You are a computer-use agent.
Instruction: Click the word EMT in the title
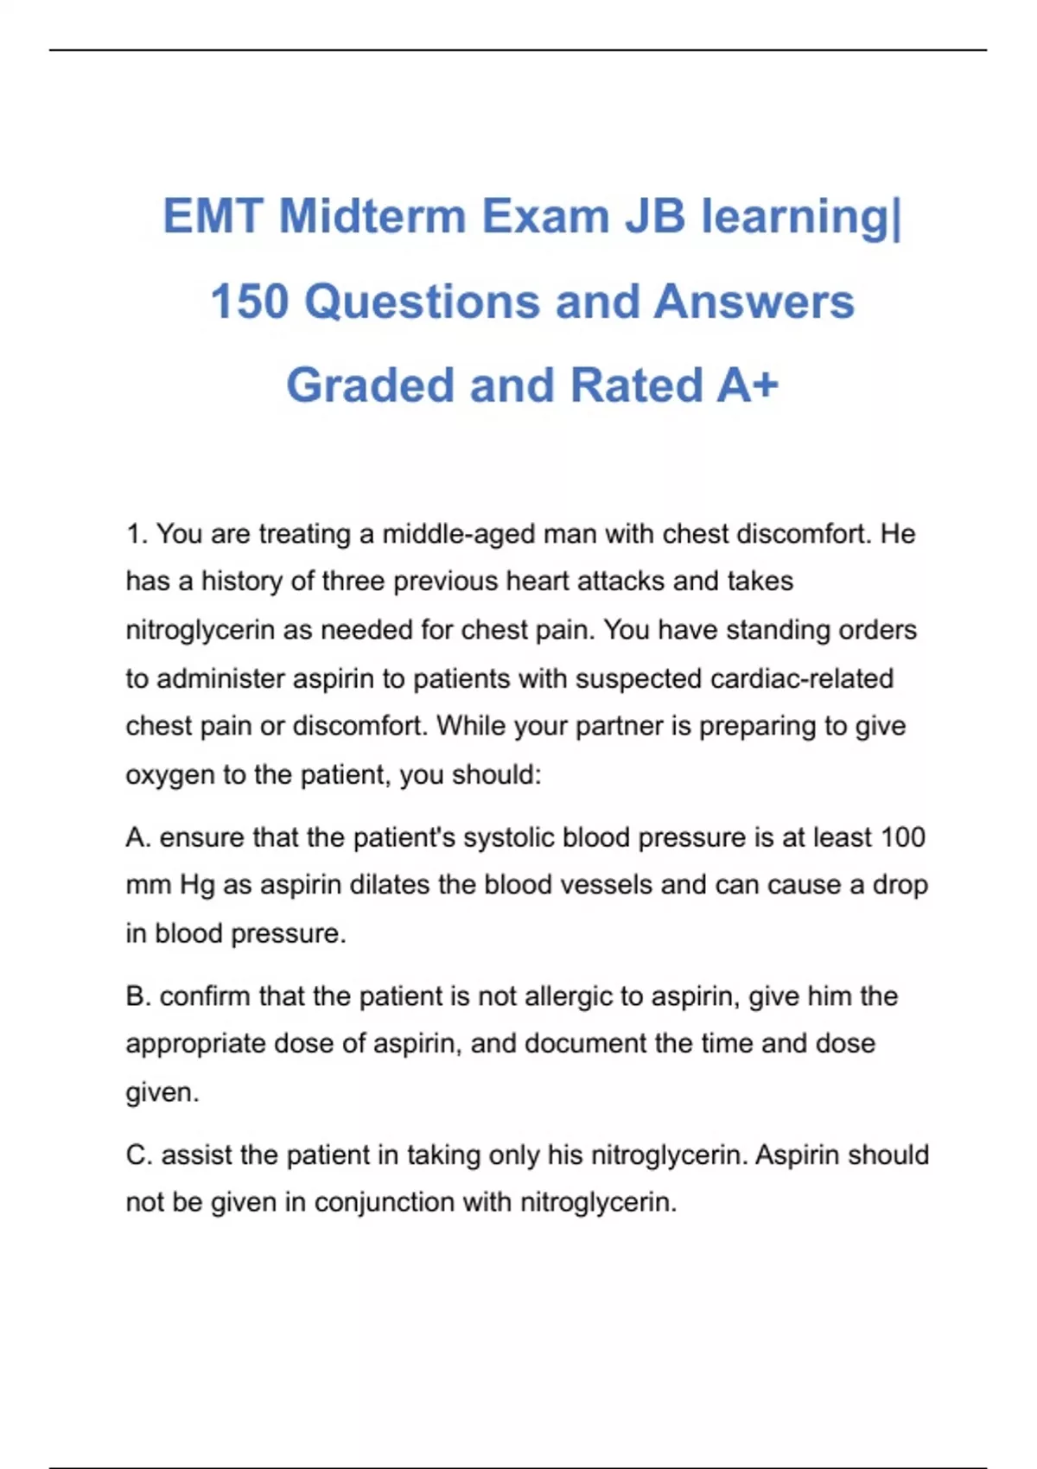212,216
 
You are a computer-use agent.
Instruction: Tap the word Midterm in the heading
372,216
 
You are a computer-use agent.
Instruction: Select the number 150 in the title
249,302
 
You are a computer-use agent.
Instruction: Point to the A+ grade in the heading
748,385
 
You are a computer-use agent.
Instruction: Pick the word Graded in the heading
370,385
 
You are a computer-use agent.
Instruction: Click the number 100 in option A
902,837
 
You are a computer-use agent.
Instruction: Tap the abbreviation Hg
197,886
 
